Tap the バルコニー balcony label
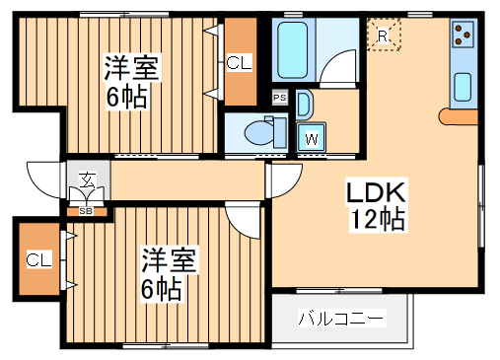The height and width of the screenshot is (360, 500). click(x=340, y=319)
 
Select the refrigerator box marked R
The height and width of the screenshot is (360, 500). click(x=385, y=36)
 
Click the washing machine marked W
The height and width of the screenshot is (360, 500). click(x=312, y=137)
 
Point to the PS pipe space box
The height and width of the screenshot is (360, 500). click(x=280, y=98)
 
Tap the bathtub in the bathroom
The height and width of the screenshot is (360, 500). click(x=294, y=49)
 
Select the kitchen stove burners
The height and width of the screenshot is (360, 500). click(x=463, y=36)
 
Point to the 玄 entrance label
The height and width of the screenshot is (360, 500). click(x=86, y=180)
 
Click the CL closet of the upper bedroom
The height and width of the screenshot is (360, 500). click(x=238, y=63)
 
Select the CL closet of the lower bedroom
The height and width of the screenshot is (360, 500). click(x=37, y=260)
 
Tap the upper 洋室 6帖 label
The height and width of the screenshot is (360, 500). click(x=131, y=83)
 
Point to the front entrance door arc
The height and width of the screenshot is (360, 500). click(x=44, y=179)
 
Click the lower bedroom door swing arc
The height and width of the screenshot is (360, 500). click(x=242, y=218)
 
